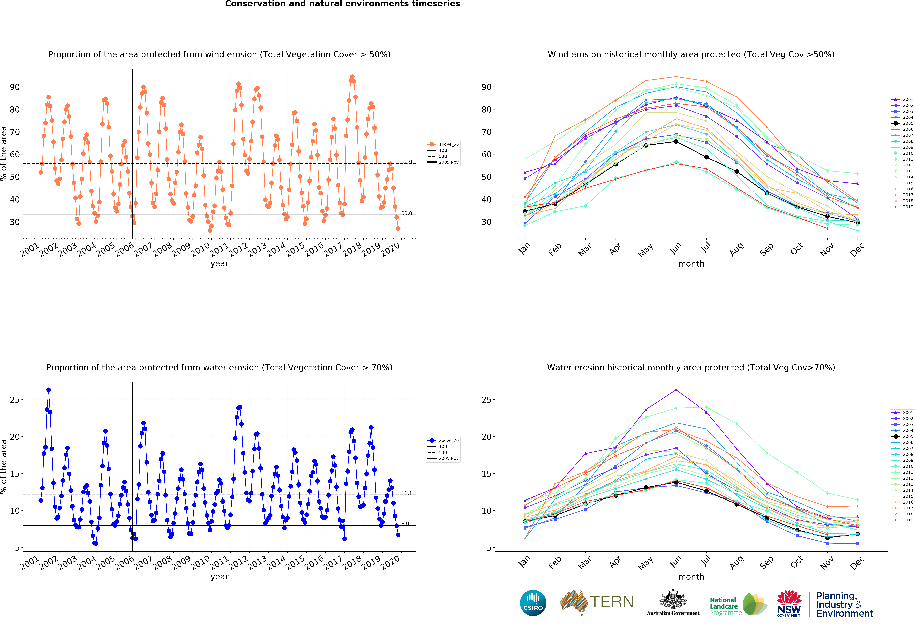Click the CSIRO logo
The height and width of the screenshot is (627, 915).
tap(533, 603)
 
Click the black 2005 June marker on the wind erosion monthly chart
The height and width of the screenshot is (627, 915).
tap(676, 142)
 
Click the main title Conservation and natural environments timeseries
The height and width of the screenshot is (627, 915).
tap(343, 4)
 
